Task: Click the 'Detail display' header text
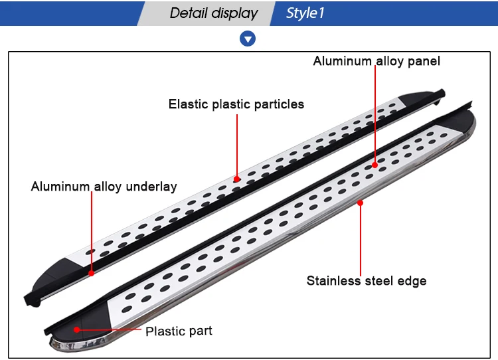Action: tap(213, 13)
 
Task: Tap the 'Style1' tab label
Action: tap(305, 13)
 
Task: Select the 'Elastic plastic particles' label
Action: tap(236, 104)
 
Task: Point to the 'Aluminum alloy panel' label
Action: tap(376, 61)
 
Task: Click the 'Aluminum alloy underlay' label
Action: tap(104, 187)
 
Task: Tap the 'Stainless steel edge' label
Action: tap(366, 280)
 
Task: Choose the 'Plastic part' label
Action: tap(179, 331)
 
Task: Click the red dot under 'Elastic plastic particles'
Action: tap(236, 179)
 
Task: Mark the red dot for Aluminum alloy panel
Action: tap(375, 164)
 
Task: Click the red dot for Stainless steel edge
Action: tap(361, 203)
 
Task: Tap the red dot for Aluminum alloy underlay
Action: tap(91, 272)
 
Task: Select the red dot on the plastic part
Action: tap(78, 329)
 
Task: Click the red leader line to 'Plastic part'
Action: tap(110, 329)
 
